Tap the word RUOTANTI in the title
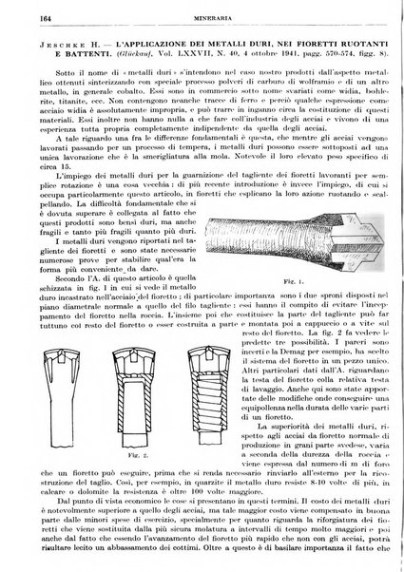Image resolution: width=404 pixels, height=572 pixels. click(358, 45)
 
